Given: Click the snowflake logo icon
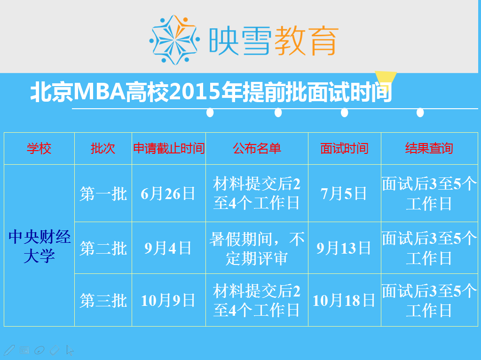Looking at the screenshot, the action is coord(174,40).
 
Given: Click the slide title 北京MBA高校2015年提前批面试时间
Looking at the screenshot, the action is coord(212,92).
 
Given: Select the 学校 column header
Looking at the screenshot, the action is coord(39,149).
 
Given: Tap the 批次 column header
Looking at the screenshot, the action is coord(103,149).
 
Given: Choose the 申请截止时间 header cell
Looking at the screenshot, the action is coord(169,149).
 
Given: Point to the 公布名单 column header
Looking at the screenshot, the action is coord(257,149).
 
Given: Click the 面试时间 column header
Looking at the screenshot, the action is coord(345,149).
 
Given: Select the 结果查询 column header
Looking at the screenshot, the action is coord(429,149).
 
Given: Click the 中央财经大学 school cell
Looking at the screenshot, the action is coord(39,246).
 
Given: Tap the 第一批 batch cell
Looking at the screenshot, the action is coord(103,194).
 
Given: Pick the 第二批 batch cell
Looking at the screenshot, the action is coord(103,248).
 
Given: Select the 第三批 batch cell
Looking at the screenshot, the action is coord(103,300).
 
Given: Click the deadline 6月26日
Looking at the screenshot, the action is coord(168,194).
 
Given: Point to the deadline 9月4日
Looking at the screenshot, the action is coord(168,248).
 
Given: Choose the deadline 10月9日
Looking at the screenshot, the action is coord(168,300).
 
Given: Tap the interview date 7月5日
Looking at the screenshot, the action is coord(344,194).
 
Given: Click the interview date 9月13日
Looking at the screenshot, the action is coord(344,248).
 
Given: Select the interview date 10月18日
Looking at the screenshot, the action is coord(344,300).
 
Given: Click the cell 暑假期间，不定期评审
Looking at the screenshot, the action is coord(257,248).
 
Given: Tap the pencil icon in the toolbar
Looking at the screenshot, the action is coord(9,350).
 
